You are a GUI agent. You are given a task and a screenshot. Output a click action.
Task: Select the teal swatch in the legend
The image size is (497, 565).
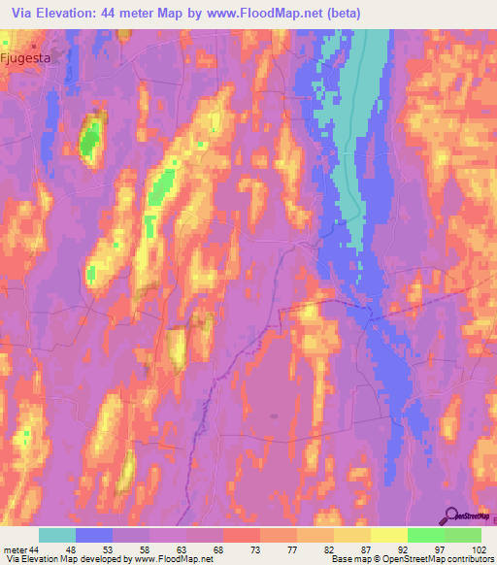coord(57,535)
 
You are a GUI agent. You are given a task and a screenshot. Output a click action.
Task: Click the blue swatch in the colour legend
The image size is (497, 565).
coord(94,535)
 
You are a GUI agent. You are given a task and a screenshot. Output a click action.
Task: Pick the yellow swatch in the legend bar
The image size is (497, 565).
coord(389,535)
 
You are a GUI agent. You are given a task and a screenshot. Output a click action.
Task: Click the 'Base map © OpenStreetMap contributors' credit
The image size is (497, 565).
coord(412,559)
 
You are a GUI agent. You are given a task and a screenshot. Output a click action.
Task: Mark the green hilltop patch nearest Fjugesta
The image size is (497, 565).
coord(90,138)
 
